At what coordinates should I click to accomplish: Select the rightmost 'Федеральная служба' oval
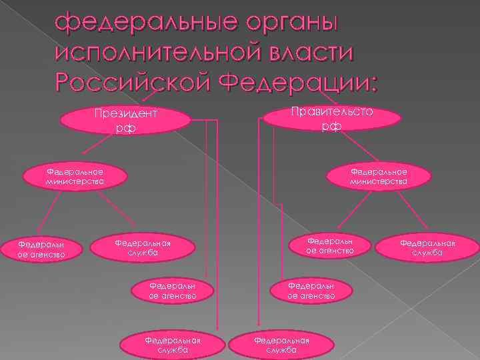pos(427,247)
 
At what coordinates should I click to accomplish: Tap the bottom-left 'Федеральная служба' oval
pos(172,344)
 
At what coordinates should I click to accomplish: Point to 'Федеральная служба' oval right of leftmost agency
pos(143,247)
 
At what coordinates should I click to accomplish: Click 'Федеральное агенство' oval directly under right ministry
pos(329,245)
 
